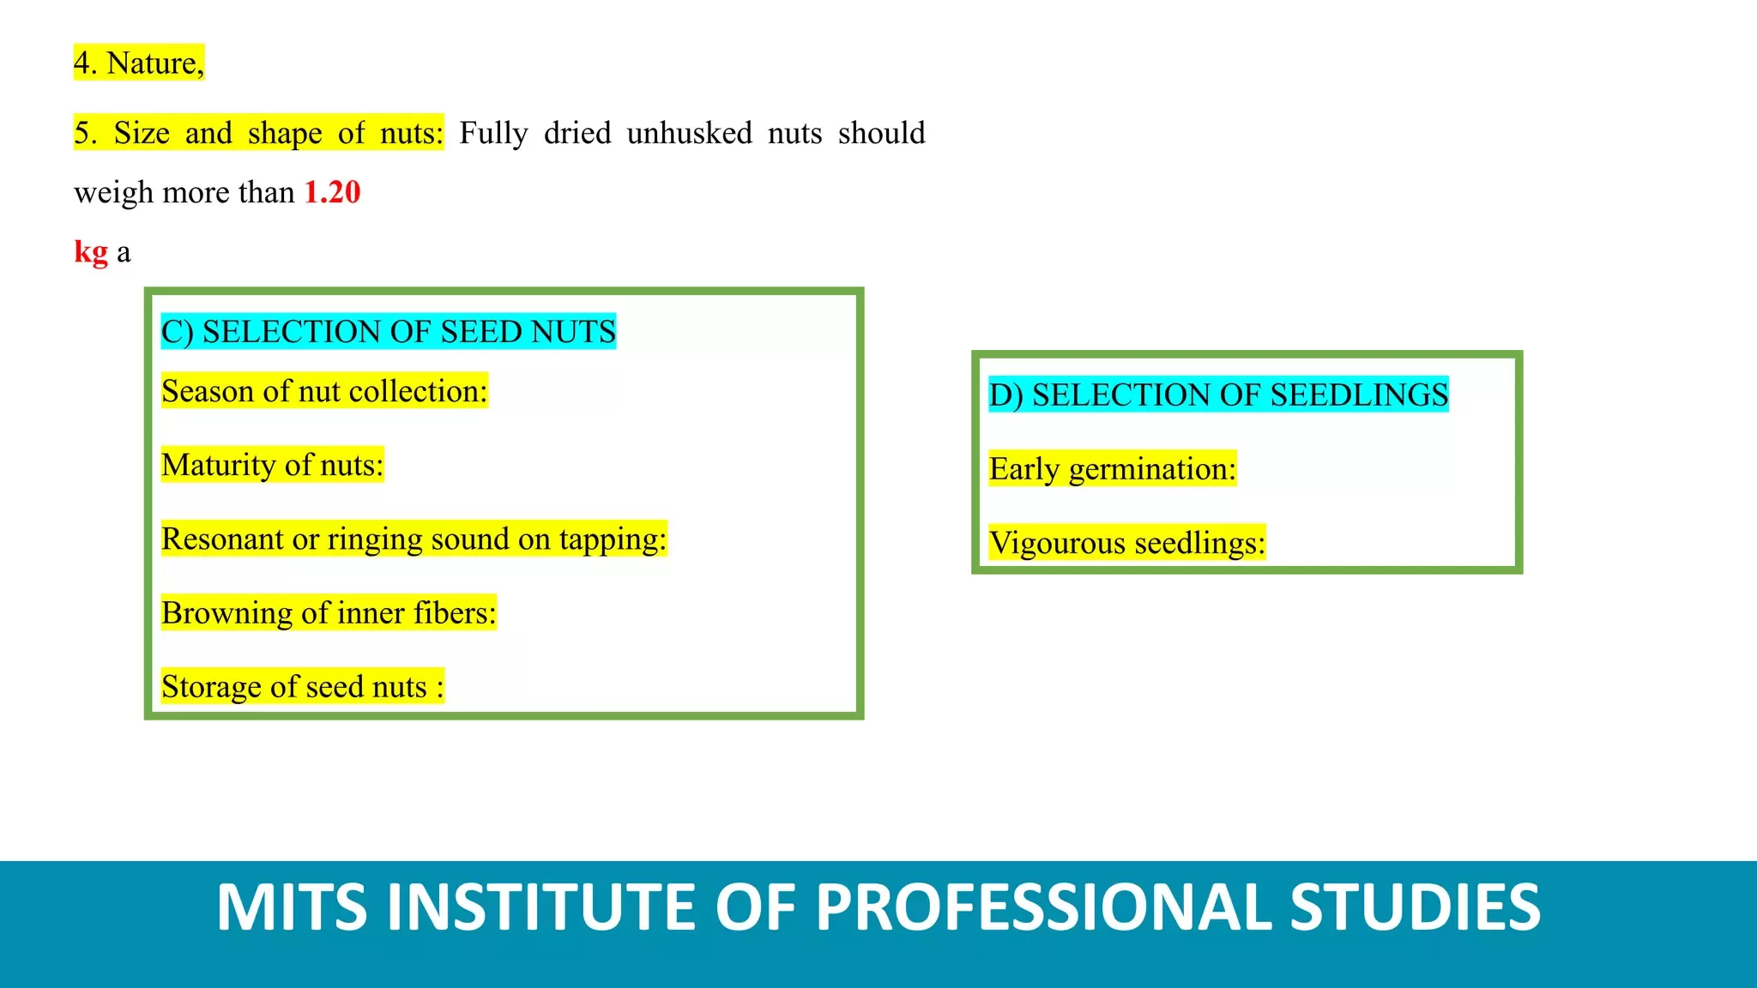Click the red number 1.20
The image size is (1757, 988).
tap(333, 192)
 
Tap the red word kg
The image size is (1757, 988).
tap(91, 252)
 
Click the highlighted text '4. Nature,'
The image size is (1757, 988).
tap(139, 63)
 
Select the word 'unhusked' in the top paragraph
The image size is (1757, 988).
tap(689, 133)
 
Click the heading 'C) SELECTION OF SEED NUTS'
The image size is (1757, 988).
tap(389, 332)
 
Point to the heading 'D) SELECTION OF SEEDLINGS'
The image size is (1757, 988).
tap(1218, 395)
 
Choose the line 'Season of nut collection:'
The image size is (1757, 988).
tap(324, 391)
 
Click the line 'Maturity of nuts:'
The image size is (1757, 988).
tap(273, 465)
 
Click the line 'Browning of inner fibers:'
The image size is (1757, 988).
tap(329, 613)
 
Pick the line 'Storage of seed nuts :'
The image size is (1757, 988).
tap(303, 687)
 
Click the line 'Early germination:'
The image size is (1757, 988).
tap(1113, 469)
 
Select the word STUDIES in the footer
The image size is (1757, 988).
tap(1416, 907)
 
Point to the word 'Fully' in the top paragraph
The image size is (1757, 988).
tap(493, 134)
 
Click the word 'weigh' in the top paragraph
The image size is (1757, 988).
tap(113, 193)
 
